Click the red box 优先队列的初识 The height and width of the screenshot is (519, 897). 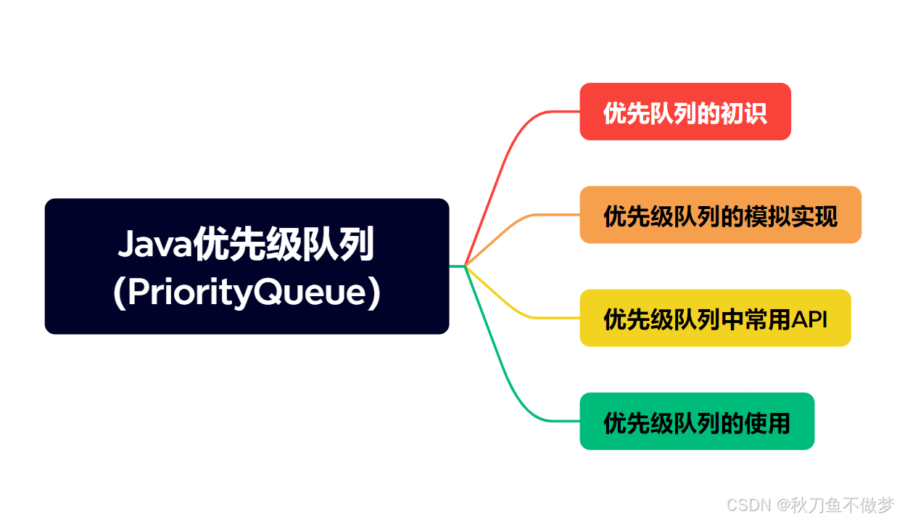[x=685, y=112]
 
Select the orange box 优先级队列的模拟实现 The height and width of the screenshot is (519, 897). [x=720, y=215]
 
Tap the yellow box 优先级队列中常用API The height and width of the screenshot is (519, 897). [x=715, y=318]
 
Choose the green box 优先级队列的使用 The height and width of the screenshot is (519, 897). [x=697, y=421]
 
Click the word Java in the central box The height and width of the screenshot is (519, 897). [x=153, y=245]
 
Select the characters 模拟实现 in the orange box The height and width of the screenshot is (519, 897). [x=791, y=216]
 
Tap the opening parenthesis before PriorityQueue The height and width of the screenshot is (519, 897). [x=119, y=294]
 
